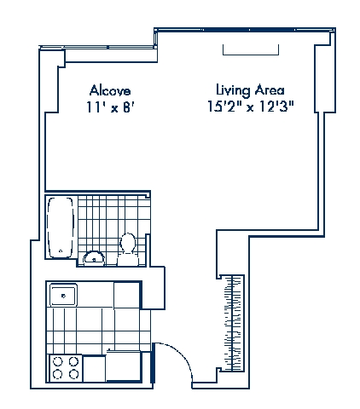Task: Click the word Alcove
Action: (110, 90)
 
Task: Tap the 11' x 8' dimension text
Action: (110, 107)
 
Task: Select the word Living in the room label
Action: (233, 90)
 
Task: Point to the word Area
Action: (270, 90)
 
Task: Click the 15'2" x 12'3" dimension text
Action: (250, 107)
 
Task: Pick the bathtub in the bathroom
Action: (61, 228)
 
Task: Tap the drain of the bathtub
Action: (61, 251)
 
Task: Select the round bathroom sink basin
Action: (94, 258)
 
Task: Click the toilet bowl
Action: (128, 243)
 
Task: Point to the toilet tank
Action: (128, 259)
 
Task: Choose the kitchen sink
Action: (63, 295)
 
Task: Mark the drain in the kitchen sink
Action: (63, 296)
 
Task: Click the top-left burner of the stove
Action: (58, 361)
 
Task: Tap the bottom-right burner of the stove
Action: (74, 373)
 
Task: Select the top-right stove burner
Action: (74, 361)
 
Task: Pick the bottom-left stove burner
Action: (58, 373)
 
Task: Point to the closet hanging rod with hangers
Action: (233, 323)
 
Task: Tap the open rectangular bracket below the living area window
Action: (251, 54)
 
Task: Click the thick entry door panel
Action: (154, 363)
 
